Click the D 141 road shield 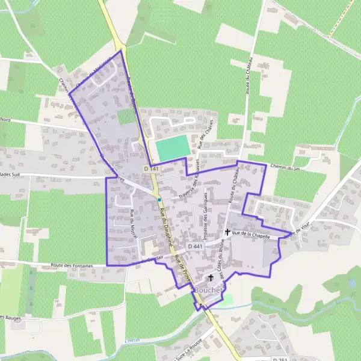152,169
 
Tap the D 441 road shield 195,246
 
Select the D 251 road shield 280,359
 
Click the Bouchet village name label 208,289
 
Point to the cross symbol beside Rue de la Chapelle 227,232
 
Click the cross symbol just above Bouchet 211,277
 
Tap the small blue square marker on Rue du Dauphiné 159,199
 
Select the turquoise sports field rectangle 173,148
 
